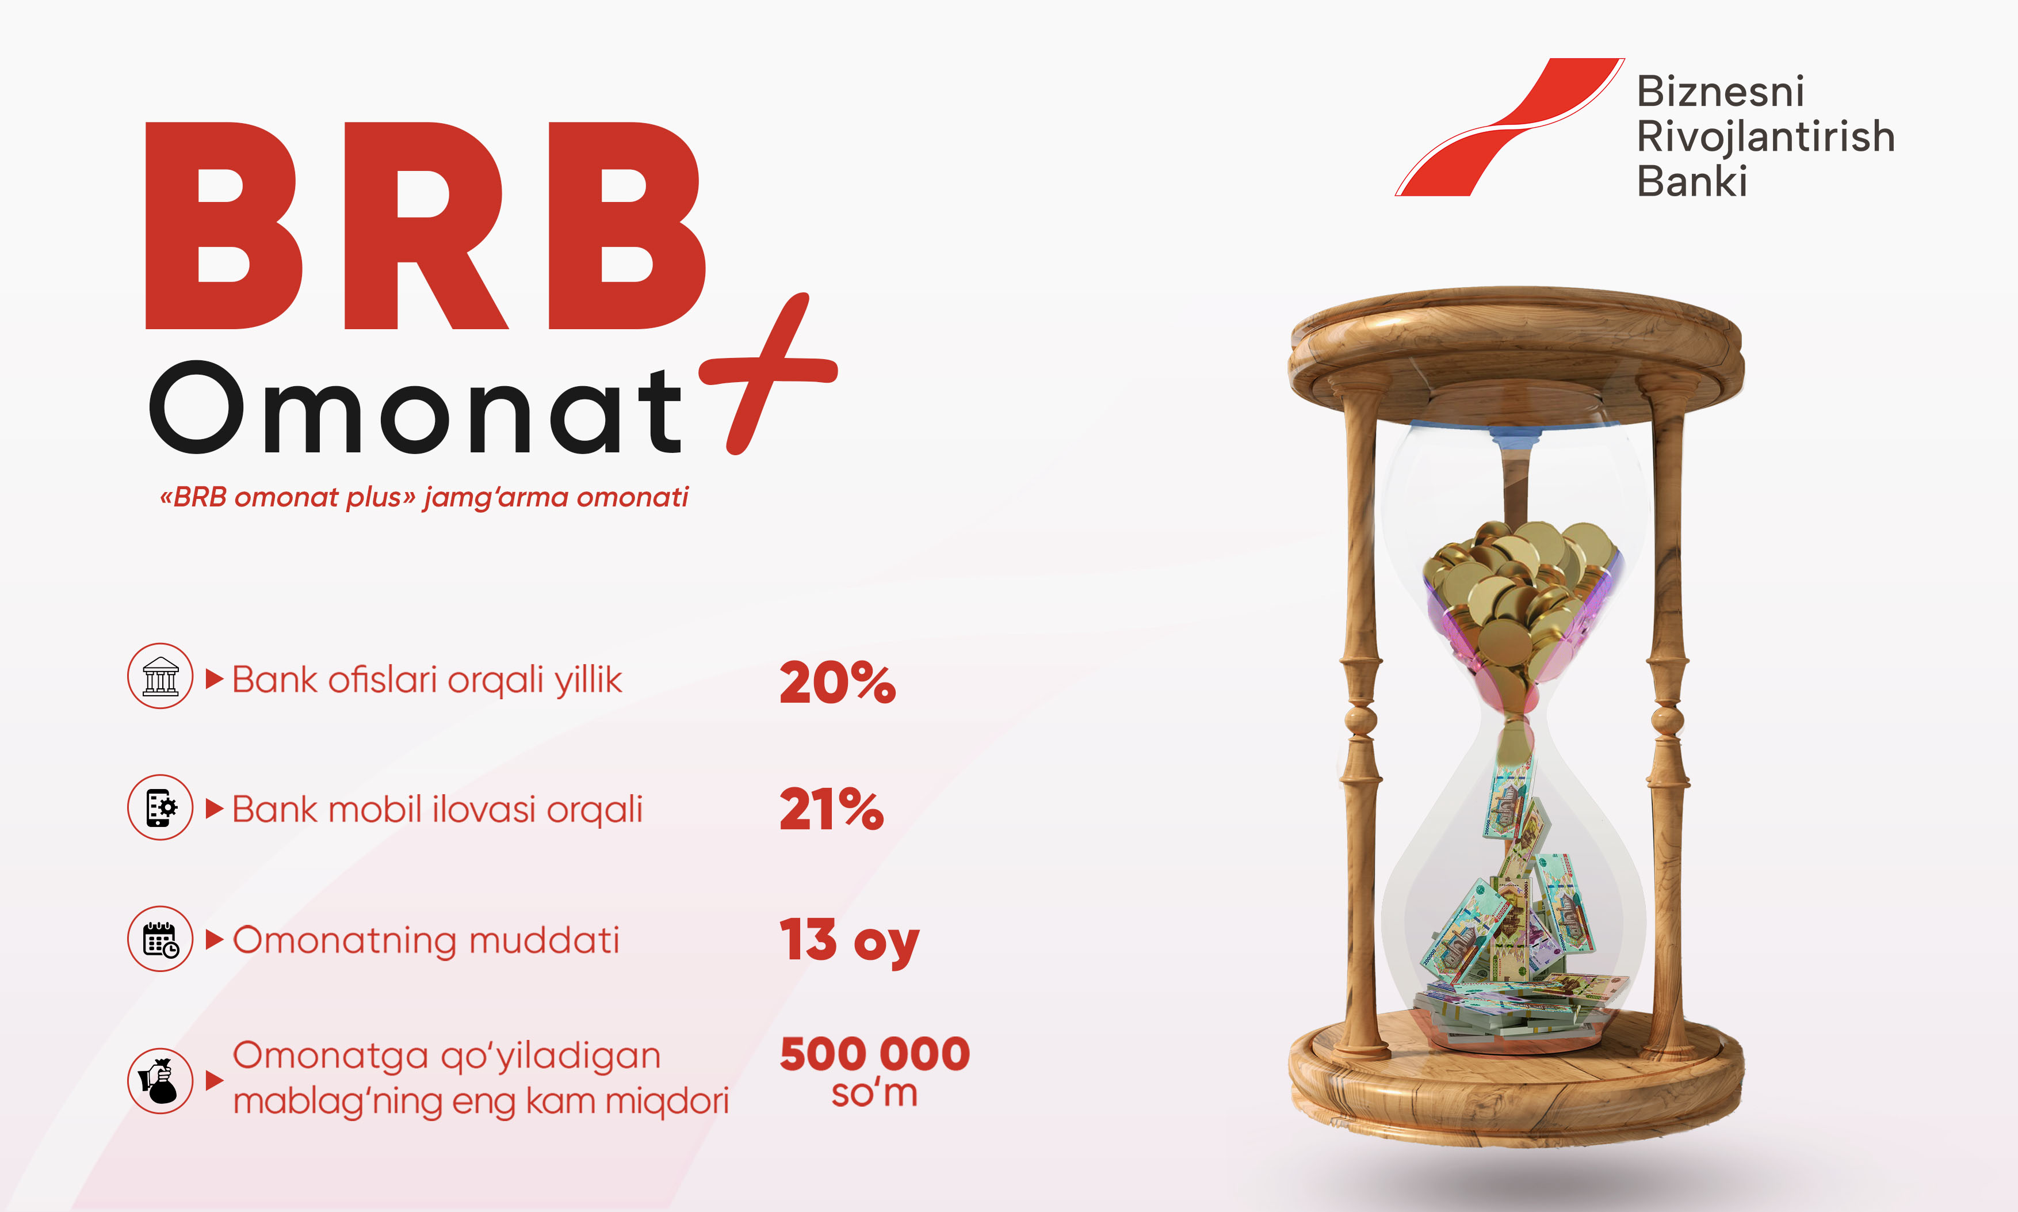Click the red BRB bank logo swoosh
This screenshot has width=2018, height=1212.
(x=1510, y=127)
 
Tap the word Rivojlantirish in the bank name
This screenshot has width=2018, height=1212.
(x=1766, y=136)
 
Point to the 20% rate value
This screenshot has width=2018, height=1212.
(x=838, y=682)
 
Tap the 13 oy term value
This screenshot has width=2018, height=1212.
(x=849, y=941)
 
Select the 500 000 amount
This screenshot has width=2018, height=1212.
(x=875, y=1054)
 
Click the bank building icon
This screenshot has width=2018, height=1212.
(x=160, y=676)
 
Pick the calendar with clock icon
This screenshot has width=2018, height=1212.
(x=160, y=939)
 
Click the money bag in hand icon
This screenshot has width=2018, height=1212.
(x=160, y=1081)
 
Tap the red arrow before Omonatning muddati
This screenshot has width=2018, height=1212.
(x=215, y=939)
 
